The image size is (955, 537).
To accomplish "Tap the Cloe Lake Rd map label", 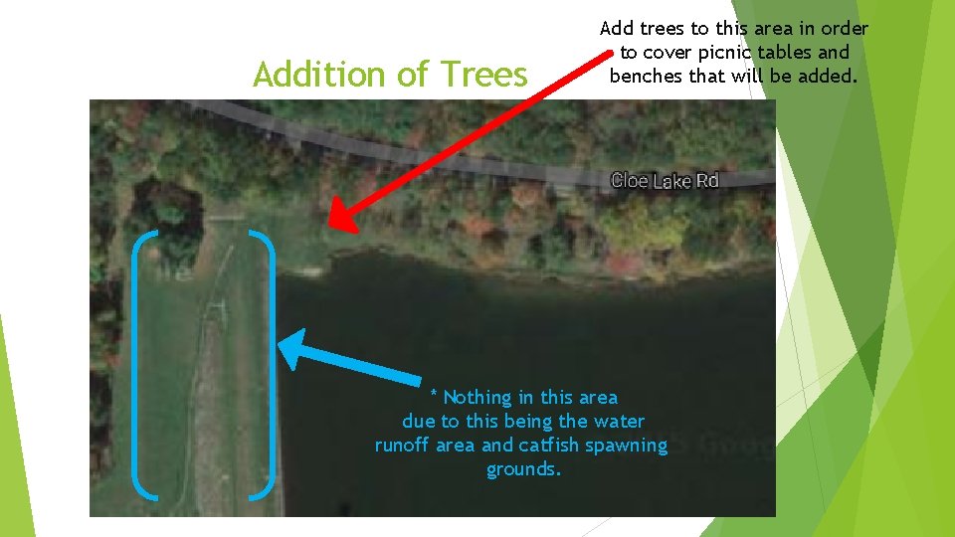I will coord(664,180).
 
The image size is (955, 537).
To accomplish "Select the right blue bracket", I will coord(266,363).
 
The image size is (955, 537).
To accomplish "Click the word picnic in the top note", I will coord(734,53).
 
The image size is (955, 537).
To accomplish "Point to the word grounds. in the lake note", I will coord(523,469).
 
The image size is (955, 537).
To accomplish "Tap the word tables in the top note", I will coord(797,53).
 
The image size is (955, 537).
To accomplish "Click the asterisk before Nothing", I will coord(434,395).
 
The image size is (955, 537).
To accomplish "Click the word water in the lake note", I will coord(618,422).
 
